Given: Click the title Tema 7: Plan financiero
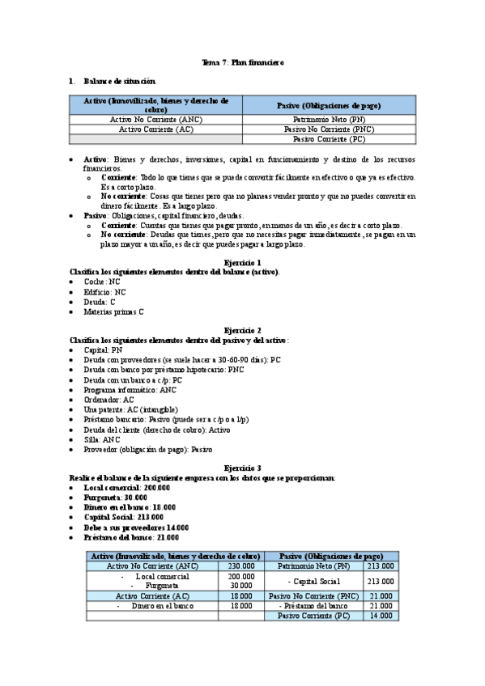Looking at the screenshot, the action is pos(242,62).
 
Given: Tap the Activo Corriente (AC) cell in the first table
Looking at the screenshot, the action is pos(155,129).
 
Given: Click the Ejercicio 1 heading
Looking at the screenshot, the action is pos(242,263).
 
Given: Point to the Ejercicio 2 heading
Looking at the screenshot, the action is pos(242,330).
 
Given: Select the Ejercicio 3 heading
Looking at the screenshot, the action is pos(242,468).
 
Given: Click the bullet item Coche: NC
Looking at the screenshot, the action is pos(104,282).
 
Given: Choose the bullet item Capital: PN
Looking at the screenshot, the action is pos(104,349).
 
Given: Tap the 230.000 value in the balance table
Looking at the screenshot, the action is pos(241,566).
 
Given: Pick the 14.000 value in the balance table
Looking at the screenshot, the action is pos(381,616).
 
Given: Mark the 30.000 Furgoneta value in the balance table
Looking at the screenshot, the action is pos(241,585).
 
